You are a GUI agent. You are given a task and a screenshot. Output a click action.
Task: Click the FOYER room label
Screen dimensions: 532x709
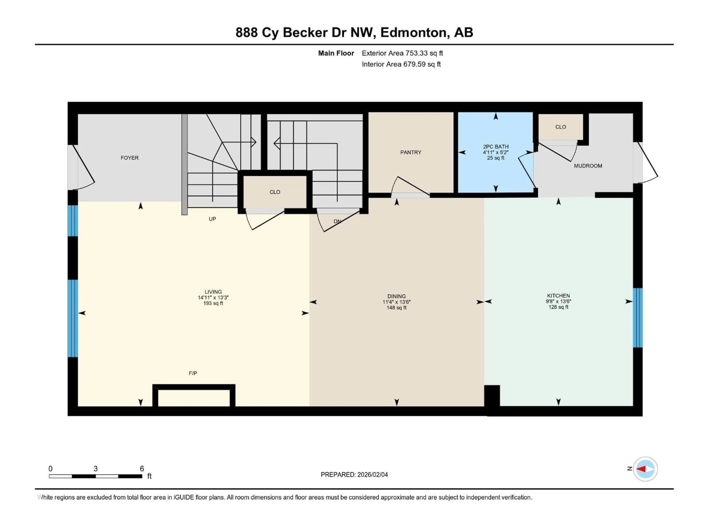129,158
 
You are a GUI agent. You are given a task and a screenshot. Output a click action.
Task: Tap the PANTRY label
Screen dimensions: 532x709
411,152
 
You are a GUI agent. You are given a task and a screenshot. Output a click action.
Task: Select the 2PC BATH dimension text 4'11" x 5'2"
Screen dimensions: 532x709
496,152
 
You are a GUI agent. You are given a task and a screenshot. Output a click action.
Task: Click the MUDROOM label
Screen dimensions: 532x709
588,166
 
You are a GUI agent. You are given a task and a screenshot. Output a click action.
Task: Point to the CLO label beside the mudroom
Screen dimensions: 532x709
561,127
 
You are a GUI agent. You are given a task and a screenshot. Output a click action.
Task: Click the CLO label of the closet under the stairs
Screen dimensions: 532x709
275,192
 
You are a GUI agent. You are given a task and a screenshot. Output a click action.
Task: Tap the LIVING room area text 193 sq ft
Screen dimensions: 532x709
213,303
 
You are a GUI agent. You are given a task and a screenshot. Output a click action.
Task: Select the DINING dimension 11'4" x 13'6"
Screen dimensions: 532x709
396,302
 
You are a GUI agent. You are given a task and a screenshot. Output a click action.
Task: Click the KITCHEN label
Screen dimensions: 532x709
558,296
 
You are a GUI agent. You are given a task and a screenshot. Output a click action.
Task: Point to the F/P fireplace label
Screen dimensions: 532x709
193,373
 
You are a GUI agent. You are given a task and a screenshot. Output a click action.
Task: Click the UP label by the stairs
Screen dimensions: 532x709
212,219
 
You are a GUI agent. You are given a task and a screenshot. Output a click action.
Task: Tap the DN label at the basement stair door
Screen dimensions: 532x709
337,221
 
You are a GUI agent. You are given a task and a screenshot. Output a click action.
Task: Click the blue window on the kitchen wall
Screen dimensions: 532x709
638,318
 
